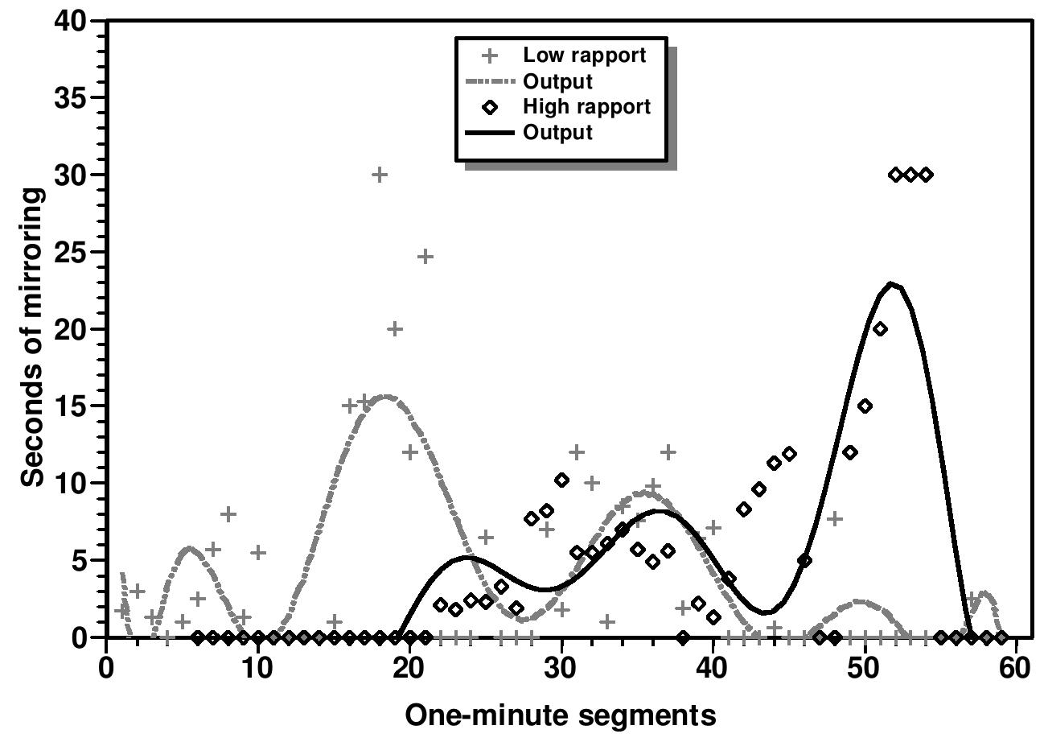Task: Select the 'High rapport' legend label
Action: [x=586, y=106]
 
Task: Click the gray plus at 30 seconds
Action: [x=380, y=175]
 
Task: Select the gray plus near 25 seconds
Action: [x=425, y=257]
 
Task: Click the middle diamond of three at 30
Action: [x=910, y=175]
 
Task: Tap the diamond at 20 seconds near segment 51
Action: [x=880, y=329]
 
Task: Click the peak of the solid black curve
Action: [x=891, y=284]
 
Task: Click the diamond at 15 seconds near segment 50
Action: [x=865, y=406]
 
